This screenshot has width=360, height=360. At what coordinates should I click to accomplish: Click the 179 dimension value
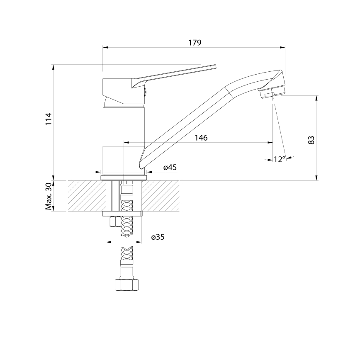[x=195, y=43]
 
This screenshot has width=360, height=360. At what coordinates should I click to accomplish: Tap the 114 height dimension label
[x=49, y=119]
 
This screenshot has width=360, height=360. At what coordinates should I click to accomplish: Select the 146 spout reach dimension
[x=201, y=138]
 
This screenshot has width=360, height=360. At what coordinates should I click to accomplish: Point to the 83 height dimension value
[x=311, y=140]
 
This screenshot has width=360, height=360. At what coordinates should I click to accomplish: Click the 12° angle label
[x=280, y=159]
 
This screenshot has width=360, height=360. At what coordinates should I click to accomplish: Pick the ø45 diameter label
[x=170, y=168]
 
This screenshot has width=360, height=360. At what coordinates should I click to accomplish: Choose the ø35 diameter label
[x=158, y=237]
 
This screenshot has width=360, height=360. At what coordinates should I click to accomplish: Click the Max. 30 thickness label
[x=49, y=197]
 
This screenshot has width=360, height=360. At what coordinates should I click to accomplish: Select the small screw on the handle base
[x=145, y=92]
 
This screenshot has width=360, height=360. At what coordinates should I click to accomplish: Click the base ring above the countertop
[x=124, y=178]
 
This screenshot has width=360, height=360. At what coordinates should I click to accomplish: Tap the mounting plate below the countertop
[x=122, y=214]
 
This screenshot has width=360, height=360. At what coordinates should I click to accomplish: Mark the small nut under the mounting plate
[x=113, y=221]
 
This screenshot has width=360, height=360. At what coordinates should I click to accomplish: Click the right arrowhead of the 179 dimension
[x=282, y=48]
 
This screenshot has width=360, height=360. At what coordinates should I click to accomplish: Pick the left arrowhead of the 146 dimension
[x=126, y=143]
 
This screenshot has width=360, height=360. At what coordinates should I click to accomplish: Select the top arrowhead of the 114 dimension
[x=53, y=67]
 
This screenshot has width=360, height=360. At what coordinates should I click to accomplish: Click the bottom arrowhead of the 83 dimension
[x=316, y=178]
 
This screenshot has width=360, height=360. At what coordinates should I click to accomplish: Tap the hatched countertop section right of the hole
[x=160, y=196]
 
